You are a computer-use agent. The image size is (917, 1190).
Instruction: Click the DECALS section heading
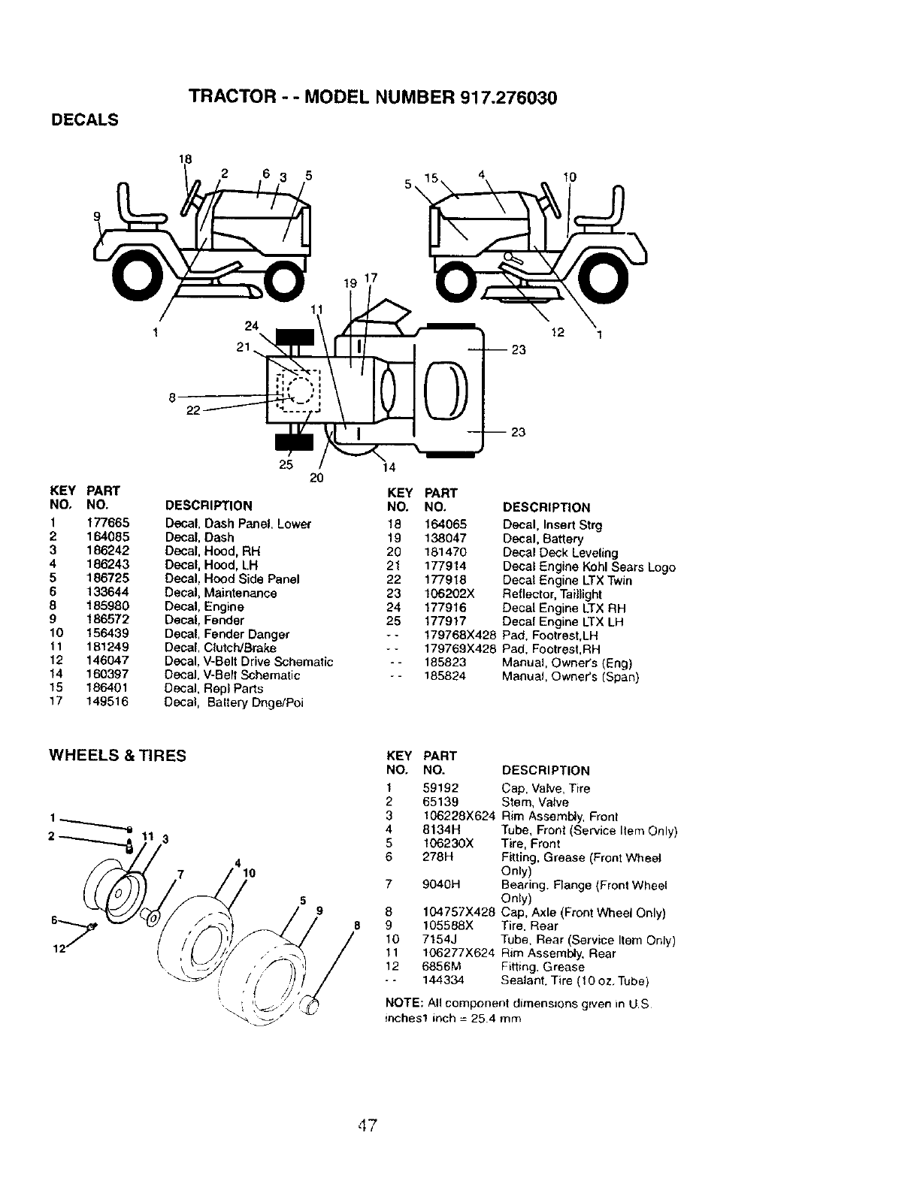[83, 120]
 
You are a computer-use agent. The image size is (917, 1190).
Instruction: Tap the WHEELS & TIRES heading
[117, 756]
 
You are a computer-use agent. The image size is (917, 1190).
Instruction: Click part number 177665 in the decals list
[108, 524]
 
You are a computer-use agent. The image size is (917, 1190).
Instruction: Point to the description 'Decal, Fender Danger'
[227, 634]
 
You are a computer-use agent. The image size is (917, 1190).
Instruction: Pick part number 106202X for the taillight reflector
[449, 594]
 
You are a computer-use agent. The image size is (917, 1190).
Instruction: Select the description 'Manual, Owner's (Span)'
[570, 677]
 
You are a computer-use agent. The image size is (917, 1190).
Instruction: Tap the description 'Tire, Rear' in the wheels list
[530, 926]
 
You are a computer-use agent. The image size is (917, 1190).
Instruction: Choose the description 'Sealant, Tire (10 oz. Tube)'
[574, 981]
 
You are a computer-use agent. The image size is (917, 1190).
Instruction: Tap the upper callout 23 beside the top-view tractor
[518, 350]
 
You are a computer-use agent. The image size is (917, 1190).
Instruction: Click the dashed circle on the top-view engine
[300, 391]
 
